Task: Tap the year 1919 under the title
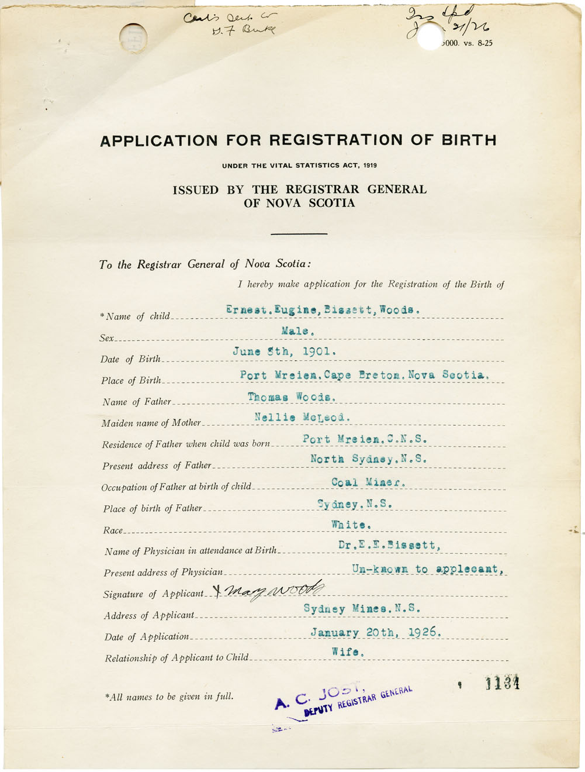(x=369, y=166)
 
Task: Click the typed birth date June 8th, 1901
(x=284, y=352)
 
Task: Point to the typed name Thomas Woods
(x=292, y=397)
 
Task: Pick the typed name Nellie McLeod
(x=302, y=417)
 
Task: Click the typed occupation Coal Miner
(x=368, y=482)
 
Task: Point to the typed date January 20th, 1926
(x=376, y=632)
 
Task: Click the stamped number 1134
(x=502, y=683)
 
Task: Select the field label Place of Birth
(x=131, y=381)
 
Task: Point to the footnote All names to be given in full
(x=169, y=697)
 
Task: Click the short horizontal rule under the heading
(x=299, y=234)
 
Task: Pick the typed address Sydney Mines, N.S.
(x=362, y=609)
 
